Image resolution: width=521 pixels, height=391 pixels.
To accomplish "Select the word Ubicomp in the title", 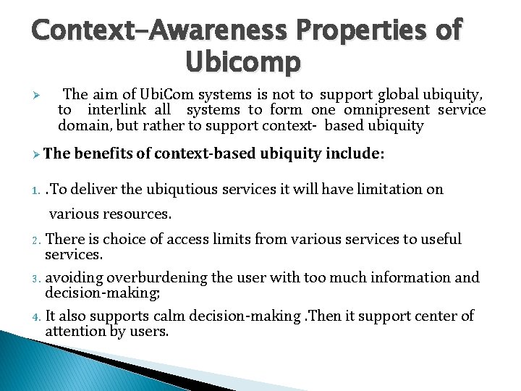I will pyautogui.click(x=242, y=63).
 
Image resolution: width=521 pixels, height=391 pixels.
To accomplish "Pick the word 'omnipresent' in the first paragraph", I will pyautogui.click(x=386, y=110).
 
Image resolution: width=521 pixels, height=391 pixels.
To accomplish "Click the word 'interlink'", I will pyautogui.click(x=117, y=110).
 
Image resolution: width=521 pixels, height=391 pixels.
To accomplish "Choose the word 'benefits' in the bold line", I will pyautogui.click(x=104, y=154).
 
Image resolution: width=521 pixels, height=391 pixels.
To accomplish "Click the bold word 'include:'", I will pyautogui.click(x=355, y=154).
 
